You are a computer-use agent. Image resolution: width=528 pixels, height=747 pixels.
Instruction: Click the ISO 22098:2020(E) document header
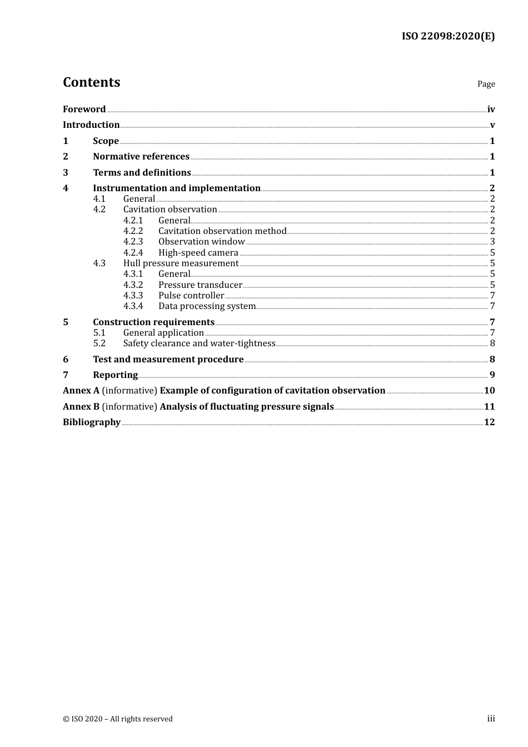click(x=448, y=36)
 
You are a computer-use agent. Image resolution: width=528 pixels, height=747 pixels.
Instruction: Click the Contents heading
click(x=91, y=82)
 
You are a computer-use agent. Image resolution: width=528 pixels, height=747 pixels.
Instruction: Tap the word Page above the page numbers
click(x=486, y=84)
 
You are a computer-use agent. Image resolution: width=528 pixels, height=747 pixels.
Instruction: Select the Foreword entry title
click(x=84, y=109)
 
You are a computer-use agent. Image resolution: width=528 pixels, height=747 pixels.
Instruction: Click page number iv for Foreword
click(x=491, y=109)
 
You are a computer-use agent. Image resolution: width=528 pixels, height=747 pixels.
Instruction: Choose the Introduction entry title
click(x=91, y=125)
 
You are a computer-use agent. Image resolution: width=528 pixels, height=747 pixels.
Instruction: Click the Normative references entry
click(x=141, y=157)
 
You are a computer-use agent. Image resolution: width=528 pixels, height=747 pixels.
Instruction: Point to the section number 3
click(x=66, y=173)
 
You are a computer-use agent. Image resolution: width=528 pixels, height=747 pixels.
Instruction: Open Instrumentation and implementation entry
click(x=177, y=188)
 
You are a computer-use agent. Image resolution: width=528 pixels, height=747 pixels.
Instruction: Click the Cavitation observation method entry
click(x=222, y=231)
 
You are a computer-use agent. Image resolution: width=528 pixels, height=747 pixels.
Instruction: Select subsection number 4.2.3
click(x=133, y=242)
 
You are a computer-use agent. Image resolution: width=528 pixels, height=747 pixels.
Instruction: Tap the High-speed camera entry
click(x=198, y=253)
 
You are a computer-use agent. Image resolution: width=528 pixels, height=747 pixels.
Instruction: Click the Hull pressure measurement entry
click(x=181, y=263)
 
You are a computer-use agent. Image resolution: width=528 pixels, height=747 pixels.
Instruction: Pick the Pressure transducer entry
click(x=200, y=285)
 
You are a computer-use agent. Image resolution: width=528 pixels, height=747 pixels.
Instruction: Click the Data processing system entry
click(x=207, y=306)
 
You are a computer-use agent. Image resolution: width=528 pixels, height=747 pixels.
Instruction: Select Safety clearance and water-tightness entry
click(x=199, y=343)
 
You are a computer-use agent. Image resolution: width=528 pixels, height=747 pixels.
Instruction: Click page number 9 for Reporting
click(x=492, y=375)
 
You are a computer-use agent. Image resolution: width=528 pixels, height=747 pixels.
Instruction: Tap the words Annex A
click(x=81, y=391)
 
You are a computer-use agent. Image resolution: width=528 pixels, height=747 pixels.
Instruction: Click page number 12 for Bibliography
click(x=489, y=422)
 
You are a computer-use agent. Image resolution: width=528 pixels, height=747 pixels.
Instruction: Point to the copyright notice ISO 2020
click(x=118, y=719)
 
